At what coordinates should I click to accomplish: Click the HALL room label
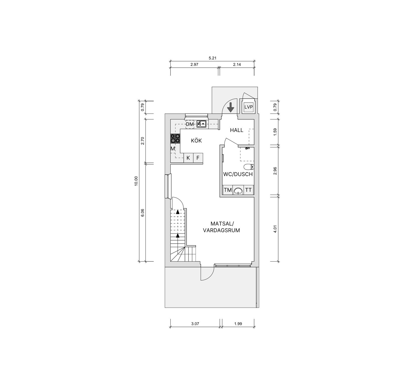click(237, 130)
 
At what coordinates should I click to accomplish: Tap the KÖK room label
click(196, 141)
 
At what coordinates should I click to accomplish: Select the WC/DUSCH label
click(238, 174)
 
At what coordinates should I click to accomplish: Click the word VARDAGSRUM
click(221, 230)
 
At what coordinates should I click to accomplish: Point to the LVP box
click(248, 107)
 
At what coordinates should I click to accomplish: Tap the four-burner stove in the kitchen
click(175, 138)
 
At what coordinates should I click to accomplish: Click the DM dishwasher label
click(190, 124)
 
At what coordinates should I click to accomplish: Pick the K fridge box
click(188, 158)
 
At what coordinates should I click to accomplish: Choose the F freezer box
click(198, 158)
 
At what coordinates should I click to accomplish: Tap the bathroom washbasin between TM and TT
click(238, 190)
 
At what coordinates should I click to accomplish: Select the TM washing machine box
click(228, 190)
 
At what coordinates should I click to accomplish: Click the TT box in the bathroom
click(248, 190)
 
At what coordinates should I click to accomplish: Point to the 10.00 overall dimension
click(136, 181)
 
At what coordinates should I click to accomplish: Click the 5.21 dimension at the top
click(213, 58)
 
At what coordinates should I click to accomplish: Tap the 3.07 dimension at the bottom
click(195, 324)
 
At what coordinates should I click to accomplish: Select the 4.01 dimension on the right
click(275, 229)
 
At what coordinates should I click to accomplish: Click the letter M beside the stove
click(173, 148)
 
